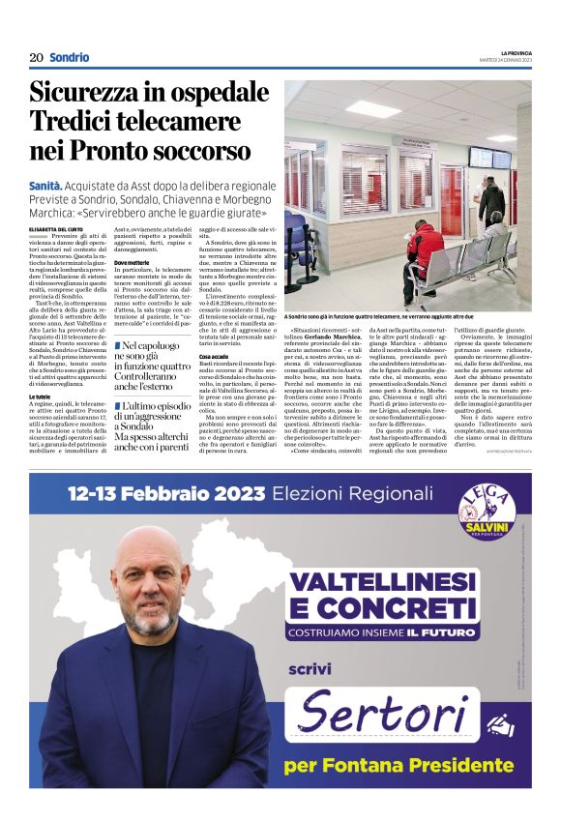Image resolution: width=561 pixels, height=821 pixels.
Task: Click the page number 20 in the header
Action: (x=36, y=57)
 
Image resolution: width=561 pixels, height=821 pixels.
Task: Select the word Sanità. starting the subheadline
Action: (x=45, y=184)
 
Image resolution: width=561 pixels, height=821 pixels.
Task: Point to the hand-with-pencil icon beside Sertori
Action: (x=501, y=724)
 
